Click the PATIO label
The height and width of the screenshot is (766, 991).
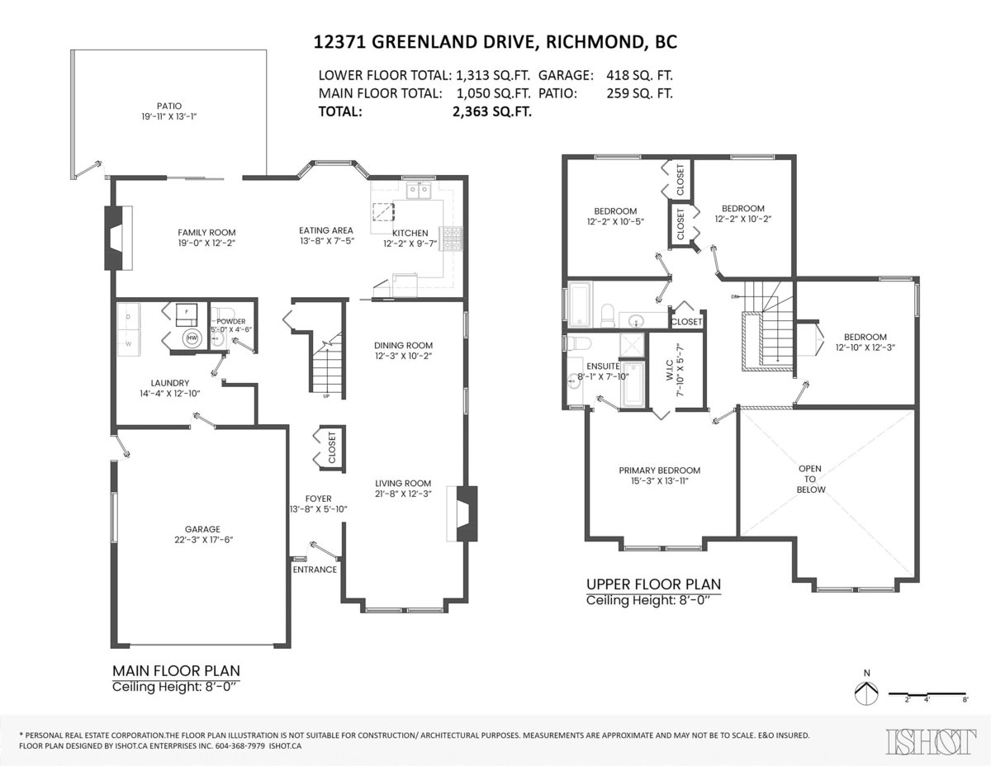[169, 106]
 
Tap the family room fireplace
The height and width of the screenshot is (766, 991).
[112, 237]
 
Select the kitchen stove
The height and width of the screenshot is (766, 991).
[453, 239]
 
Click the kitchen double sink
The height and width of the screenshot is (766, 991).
[418, 191]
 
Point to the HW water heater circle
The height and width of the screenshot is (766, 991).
[192, 338]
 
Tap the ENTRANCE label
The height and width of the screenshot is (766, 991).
[315, 570]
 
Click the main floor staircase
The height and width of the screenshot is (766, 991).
[326, 363]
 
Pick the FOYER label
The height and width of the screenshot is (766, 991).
[318, 499]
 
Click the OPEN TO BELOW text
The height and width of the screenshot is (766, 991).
[810, 479]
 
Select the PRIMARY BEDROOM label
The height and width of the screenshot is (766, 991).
[660, 470]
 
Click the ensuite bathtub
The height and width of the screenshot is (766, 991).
[633, 384]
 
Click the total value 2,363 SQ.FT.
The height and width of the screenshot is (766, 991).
[491, 112]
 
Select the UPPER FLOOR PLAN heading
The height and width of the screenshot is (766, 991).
[653, 584]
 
